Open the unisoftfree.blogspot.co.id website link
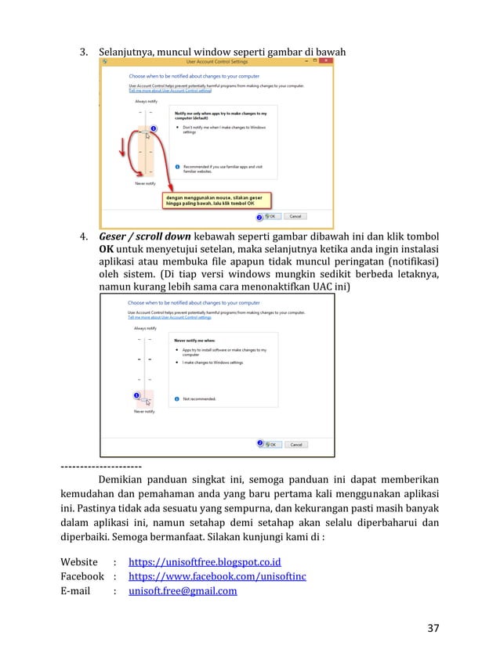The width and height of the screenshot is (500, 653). tap(205, 562)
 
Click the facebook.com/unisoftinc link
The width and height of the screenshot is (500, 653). tap(217, 576)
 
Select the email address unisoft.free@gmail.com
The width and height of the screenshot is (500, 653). tap(183, 591)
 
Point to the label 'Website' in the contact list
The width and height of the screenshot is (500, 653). tap(79, 562)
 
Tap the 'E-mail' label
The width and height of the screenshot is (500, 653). tap(77, 591)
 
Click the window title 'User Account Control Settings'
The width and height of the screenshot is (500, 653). tap(216, 60)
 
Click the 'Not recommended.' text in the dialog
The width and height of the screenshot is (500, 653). tap(200, 399)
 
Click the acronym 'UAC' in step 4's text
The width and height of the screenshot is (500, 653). tap(324, 287)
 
